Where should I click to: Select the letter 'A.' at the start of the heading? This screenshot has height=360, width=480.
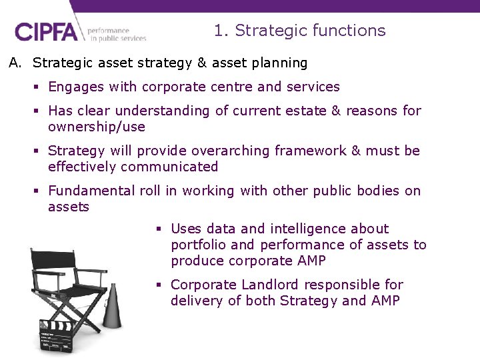pos(16,63)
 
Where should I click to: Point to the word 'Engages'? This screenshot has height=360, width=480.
pos(75,87)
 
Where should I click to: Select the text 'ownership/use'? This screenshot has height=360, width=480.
pos(96,127)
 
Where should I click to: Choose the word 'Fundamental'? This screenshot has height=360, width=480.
pos(91,191)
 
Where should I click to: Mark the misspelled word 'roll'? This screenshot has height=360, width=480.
pos(150,191)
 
